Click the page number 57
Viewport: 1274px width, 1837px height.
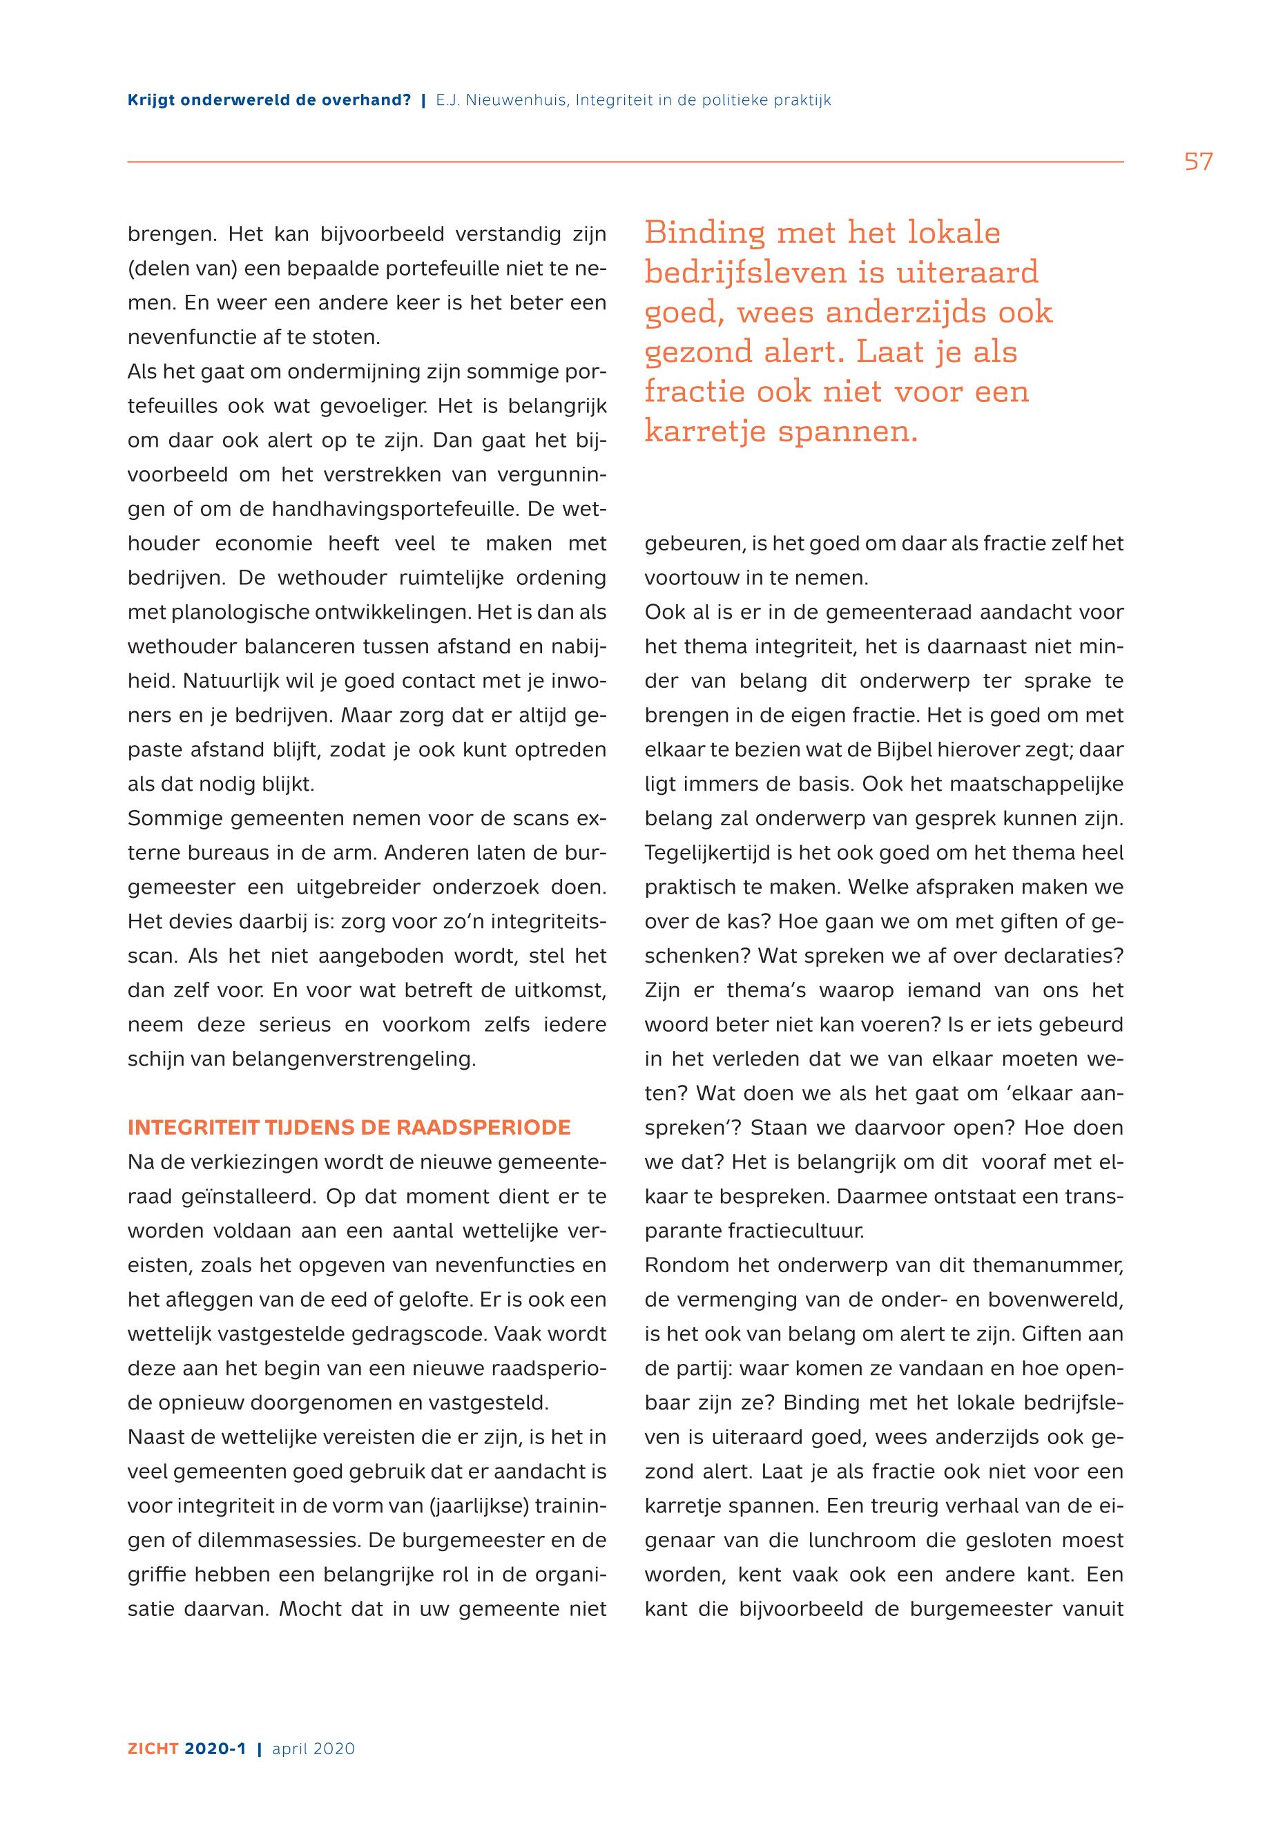(1197, 162)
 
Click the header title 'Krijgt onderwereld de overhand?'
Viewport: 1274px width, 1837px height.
(269, 101)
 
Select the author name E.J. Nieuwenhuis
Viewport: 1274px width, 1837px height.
(501, 101)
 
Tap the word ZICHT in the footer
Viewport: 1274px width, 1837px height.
(153, 1749)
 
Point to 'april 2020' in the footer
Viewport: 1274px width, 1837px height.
(313, 1749)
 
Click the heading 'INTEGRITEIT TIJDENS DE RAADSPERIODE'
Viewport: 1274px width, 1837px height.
(349, 1127)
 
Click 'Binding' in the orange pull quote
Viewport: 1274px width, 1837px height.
(702, 233)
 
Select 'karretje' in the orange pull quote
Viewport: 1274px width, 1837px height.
(704, 431)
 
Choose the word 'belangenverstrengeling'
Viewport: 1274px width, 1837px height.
(353, 1059)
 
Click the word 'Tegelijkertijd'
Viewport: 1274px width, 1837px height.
(707, 853)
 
